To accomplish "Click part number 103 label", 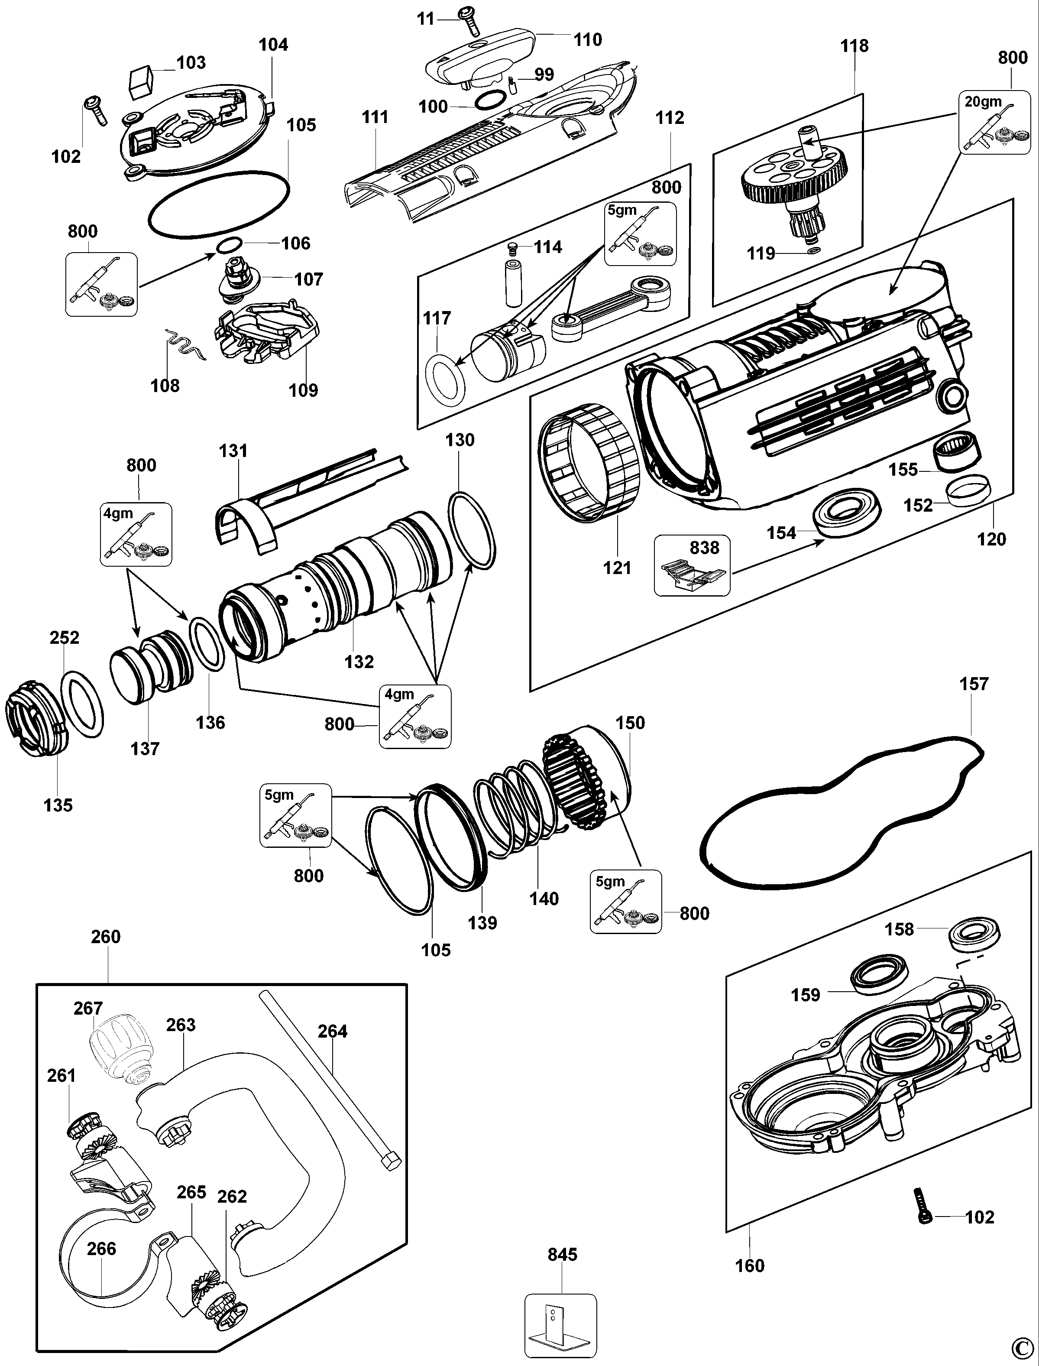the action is click(x=191, y=62).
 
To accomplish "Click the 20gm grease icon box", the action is click(x=995, y=122).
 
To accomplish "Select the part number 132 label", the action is click(x=359, y=662).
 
